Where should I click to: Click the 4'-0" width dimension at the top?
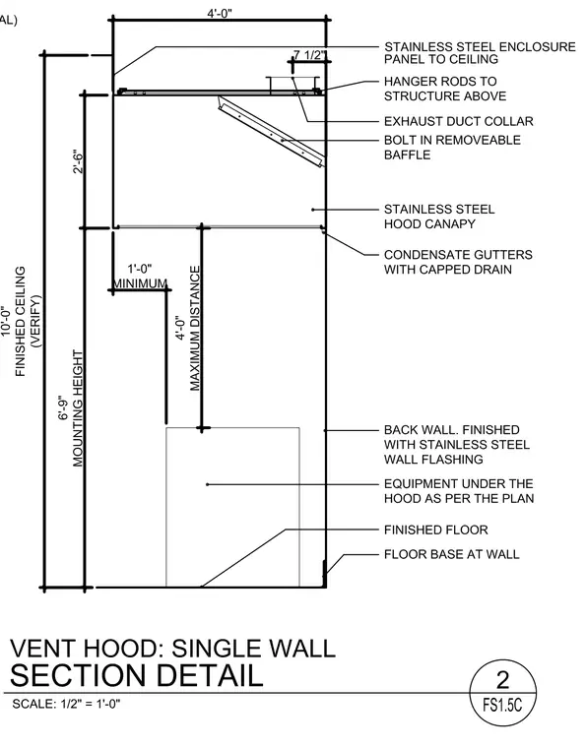[x=220, y=13]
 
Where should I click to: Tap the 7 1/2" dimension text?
[x=310, y=55]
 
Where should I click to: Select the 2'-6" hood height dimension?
[x=78, y=162]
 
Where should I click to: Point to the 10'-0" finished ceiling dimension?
[x=5, y=321]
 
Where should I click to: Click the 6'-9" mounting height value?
[x=63, y=407]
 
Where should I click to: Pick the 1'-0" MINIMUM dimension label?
[x=140, y=277]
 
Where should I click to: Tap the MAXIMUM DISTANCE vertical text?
[x=195, y=329]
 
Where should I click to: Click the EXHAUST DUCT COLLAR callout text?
[x=459, y=121]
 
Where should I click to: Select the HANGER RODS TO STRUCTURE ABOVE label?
[x=445, y=89]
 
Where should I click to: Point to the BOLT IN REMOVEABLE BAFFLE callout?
[x=452, y=148]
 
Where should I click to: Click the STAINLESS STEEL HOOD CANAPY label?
[x=439, y=217]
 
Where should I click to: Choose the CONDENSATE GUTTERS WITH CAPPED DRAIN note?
[x=458, y=262]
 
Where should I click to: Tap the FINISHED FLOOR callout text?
[x=435, y=530]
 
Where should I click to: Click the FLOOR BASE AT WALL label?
[x=451, y=554]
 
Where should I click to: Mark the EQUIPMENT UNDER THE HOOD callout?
[x=459, y=491]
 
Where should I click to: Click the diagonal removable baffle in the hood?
[x=271, y=132]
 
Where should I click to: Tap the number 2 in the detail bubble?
[x=503, y=680]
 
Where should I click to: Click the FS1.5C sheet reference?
[x=502, y=705]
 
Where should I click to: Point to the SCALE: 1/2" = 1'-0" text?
[x=66, y=704]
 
